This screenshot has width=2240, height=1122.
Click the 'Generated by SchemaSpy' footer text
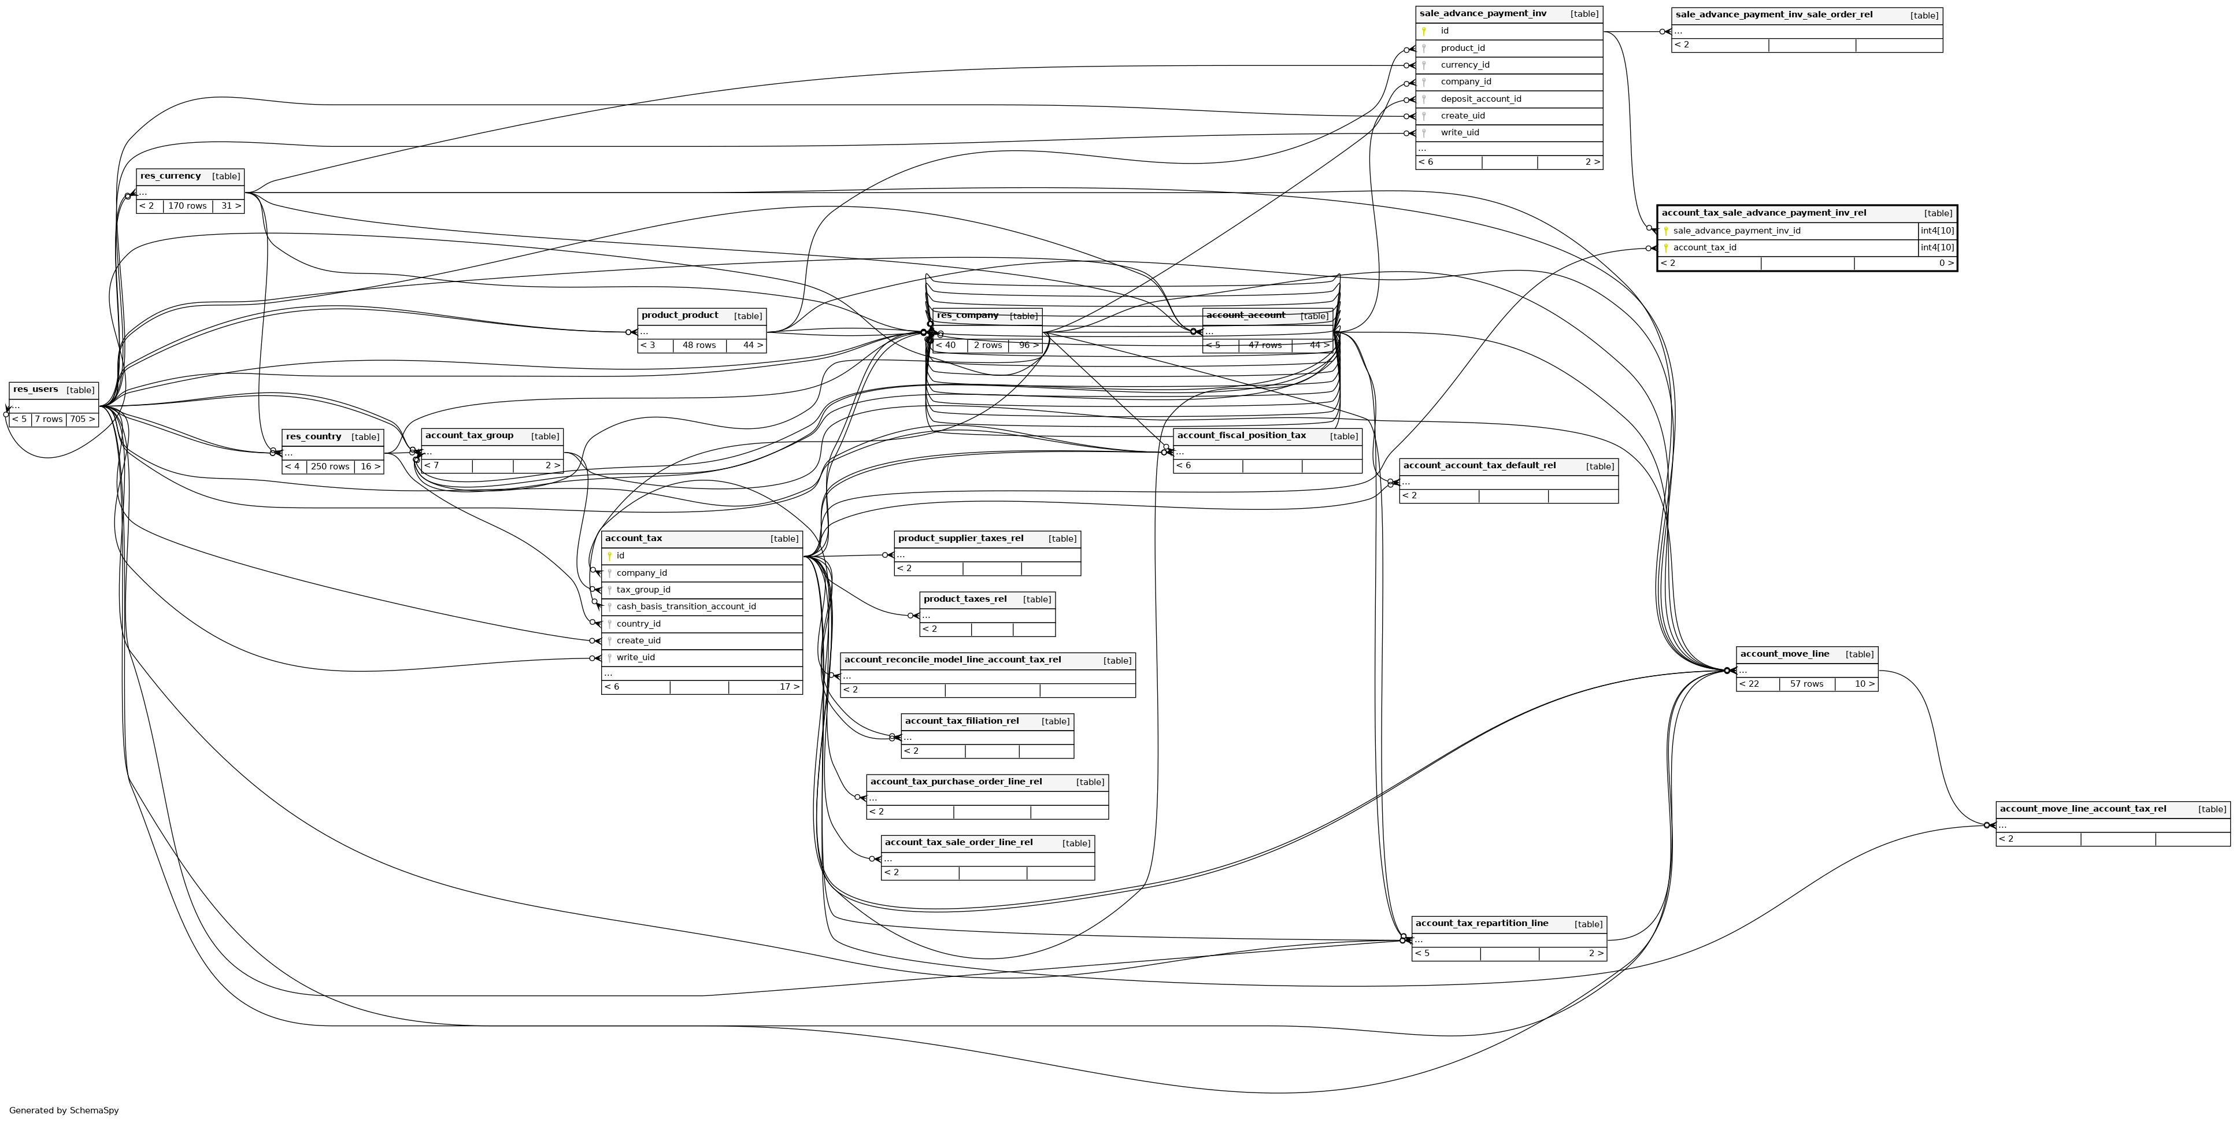[x=64, y=1110]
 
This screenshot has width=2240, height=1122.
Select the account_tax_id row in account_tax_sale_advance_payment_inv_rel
[x=1704, y=248]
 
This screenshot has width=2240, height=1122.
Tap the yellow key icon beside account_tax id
[x=609, y=556]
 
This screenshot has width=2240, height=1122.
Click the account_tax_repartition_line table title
[x=1481, y=924]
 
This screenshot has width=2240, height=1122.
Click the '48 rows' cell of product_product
[x=698, y=345]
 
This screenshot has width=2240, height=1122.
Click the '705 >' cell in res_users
[x=82, y=419]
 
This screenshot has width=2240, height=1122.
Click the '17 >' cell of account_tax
[x=788, y=687]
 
